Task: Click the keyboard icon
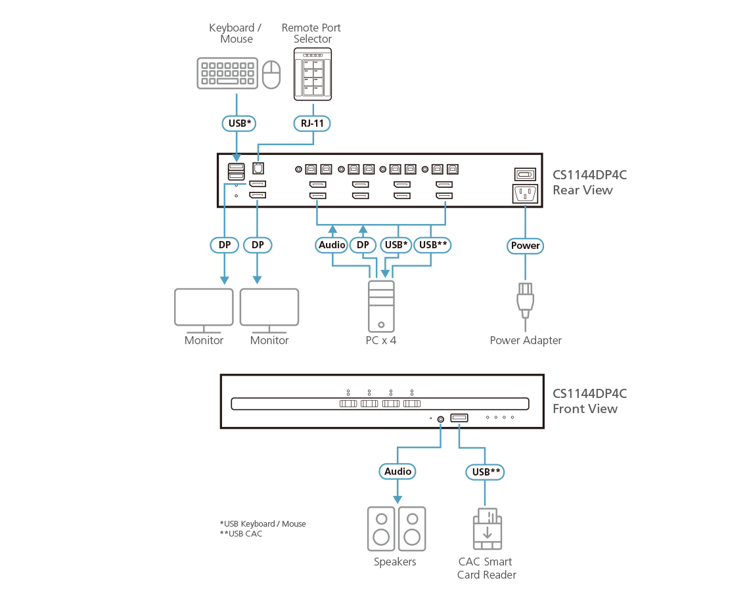(x=227, y=74)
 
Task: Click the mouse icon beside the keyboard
(x=271, y=74)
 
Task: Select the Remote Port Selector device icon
(x=313, y=74)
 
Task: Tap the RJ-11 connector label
(x=313, y=123)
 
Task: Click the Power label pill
(x=526, y=246)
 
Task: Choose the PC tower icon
(x=381, y=305)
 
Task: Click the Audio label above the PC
(x=332, y=245)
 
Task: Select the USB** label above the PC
(x=433, y=245)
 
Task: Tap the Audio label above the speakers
(x=397, y=471)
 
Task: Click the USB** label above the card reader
(x=488, y=471)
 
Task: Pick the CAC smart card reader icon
(x=487, y=529)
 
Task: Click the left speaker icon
(x=380, y=529)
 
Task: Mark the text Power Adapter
(x=526, y=340)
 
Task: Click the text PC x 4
(x=381, y=340)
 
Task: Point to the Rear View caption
(x=582, y=190)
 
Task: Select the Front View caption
(x=585, y=409)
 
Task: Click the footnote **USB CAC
(x=241, y=533)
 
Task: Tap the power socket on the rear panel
(x=524, y=194)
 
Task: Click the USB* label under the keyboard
(x=236, y=123)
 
